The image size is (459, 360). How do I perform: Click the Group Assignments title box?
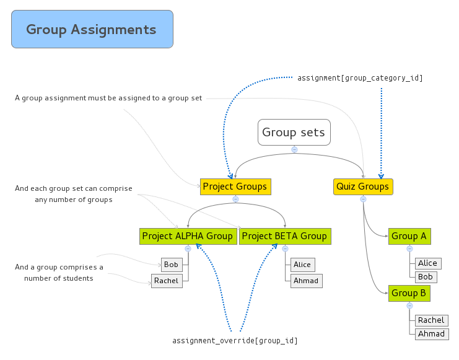pos(92,29)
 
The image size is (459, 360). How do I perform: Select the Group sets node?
pos(294,132)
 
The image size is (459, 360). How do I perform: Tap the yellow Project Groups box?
pos(235,186)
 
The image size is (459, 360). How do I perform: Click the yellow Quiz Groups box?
pos(363,186)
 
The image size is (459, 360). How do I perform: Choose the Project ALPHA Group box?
pos(188,236)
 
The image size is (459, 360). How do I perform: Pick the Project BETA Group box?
pos(284,236)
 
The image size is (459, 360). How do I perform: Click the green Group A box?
pos(409,236)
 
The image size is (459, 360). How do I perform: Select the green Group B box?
pos(409,293)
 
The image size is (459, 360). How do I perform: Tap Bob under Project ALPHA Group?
pos(172,265)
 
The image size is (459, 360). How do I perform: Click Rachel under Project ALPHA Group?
pos(167,281)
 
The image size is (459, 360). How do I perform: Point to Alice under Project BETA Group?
pos(302,265)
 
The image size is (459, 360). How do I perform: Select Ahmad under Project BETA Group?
pos(306,281)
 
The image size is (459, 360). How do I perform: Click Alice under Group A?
pos(427,263)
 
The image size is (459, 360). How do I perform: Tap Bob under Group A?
pos(426,277)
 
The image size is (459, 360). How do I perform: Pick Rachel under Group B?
pos(431,320)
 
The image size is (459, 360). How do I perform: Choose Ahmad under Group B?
pos(432,334)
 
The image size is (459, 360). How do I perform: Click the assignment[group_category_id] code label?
pos(360,78)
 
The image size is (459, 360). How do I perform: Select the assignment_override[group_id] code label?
pos(239,341)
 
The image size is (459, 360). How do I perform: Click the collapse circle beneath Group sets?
pos(294,149)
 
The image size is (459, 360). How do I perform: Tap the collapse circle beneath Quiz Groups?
pos(363,199)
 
